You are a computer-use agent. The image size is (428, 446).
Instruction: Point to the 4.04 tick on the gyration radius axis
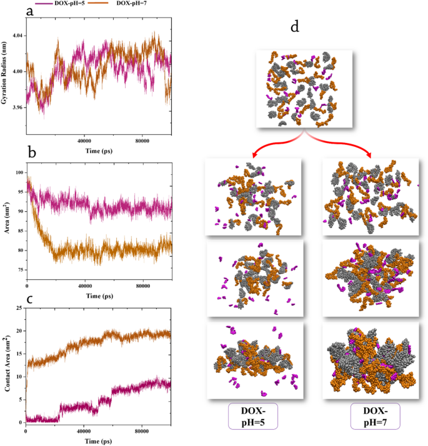(17, 36)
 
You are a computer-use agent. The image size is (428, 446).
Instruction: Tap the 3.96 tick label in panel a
(17, 108)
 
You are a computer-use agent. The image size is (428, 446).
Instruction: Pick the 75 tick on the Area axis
(19, 270)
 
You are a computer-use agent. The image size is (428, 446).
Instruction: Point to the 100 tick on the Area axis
(18, 172)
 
